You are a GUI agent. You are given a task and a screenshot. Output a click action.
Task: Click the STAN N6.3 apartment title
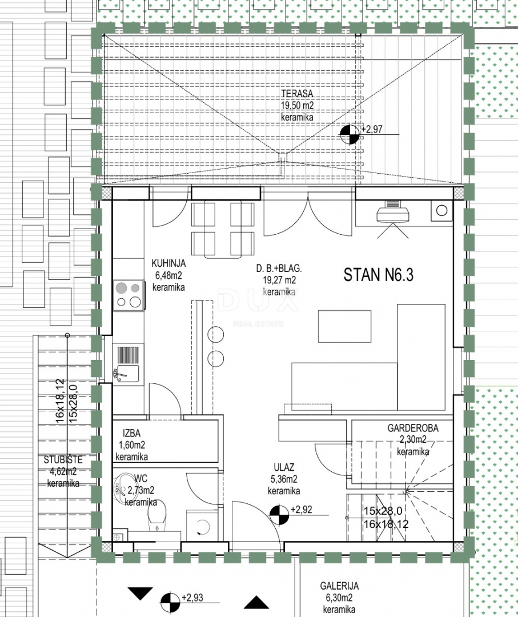click(x=379, y=275)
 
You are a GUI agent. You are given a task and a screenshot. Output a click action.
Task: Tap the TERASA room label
click(x=297, y=94)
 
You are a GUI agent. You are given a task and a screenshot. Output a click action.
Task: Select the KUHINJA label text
click(x=168, y=263)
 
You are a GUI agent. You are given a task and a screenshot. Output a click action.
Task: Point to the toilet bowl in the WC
click(x=157, y=516)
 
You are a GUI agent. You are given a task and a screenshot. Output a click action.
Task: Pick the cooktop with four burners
click(x=129, y=295)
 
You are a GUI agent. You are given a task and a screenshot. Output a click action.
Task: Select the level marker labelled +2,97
click(x=350, y=134)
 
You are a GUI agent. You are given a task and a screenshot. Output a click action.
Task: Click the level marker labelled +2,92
click(x=279, y=515)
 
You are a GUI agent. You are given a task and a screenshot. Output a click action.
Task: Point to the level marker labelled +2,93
click(x=170, y=602)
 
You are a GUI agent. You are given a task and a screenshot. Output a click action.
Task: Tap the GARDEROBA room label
click(x=412, y=428)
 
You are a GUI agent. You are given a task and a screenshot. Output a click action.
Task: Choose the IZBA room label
click(x=131, y=433)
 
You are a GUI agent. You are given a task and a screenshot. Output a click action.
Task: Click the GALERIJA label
click(x=339, y=586)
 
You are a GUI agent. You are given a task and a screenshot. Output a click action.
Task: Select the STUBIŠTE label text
click(x=63, y=459)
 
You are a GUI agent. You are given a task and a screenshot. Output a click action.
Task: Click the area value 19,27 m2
click(x=279, y=280)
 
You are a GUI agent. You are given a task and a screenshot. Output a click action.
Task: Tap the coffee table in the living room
click(x=344, y=326)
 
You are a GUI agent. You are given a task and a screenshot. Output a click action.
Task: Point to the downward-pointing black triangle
click(x=140, y=594)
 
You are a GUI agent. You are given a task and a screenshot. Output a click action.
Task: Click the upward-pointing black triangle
click(x=256, y=603)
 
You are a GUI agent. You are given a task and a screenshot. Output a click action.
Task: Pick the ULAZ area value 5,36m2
click(x=284, y=479)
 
